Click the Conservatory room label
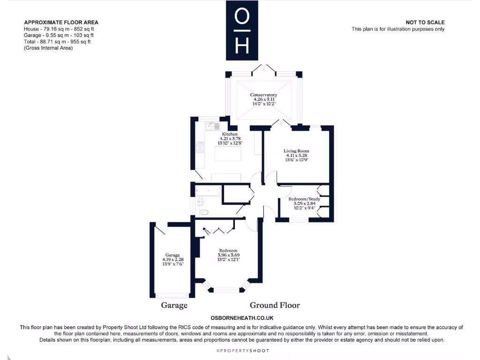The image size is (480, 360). pyautogui.click(x=263, y=95)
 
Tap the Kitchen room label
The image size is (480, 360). pyautogui.click(x=230, y=134)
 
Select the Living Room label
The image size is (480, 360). pyautogui.click(x=296, y=151)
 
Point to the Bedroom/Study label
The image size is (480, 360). pyautogui.click(x=304, y=199)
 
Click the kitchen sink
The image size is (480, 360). pyautogui.click(x=213, y=126)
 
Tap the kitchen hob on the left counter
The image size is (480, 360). pyautogui.click(x=200, y=148)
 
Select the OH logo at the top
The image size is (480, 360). pyautogui.click(x=241, y=30)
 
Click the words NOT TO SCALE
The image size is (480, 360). pyautogui.click(x=425, y=22)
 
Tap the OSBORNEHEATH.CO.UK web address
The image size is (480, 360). pyautogui.click(x=242, y=318)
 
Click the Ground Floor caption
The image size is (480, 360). pyautogui.click(x=275, y=305)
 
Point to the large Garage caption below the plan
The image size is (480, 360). pyautogui.click(x=174, y=305)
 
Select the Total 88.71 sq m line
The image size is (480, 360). pyautogui.click(x=57, y=42)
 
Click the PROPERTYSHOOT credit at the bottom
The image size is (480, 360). pyautogui.click(x=242, y=351)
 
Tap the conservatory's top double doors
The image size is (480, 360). pyautogui.click(x=263, y=69)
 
